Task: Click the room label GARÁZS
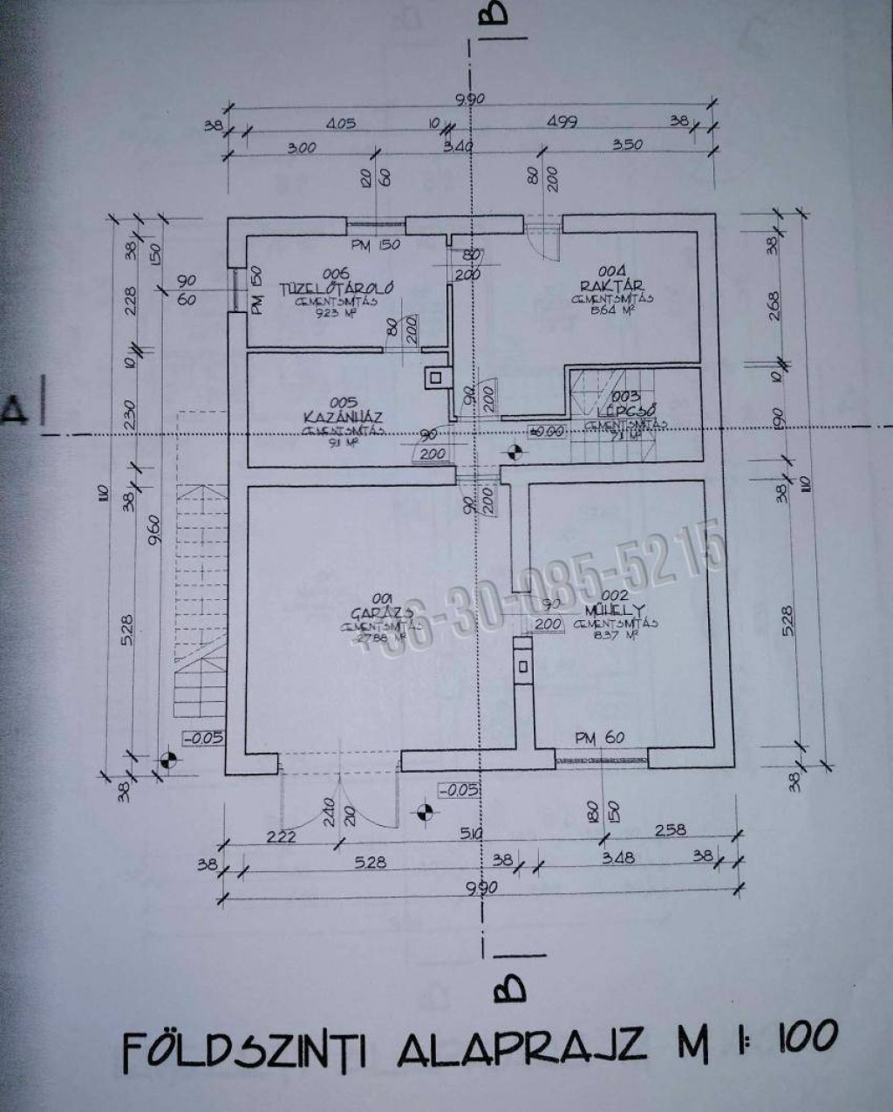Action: click(x=380, y=612)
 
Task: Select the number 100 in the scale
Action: click(x=800, y=1035)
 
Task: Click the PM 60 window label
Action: click(x=599, y=738)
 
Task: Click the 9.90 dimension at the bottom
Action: click(x=481, y=888)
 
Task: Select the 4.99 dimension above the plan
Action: click(x=562, y=122)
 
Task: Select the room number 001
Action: click(x=380, y=598)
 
